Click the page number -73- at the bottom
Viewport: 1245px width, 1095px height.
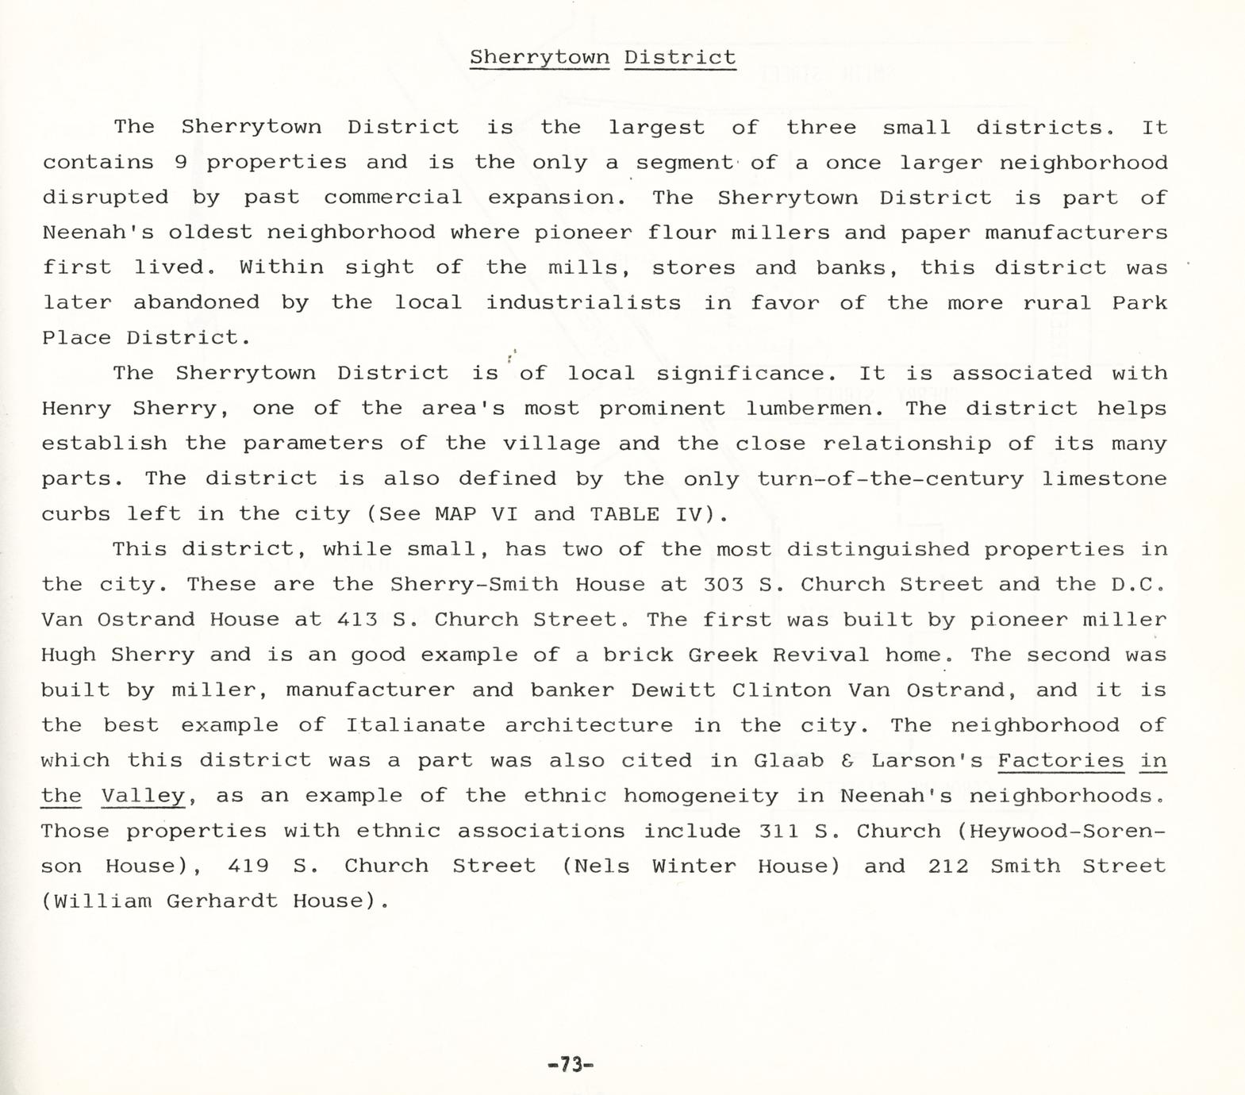(571, 1064)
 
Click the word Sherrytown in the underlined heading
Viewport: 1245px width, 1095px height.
(540, 57)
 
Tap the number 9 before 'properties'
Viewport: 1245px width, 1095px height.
(180, 163)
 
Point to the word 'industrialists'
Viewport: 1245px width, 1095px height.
(583, 302)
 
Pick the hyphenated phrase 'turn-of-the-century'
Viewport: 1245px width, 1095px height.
(890, 478)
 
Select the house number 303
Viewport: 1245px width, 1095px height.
(724, 585)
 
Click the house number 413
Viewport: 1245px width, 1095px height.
(357, 620)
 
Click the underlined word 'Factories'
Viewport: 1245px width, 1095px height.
(1060, 760)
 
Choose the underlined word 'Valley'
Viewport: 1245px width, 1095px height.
(143, 796)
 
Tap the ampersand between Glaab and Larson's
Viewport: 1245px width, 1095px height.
(847, 761)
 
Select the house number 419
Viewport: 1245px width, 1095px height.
(248, 866)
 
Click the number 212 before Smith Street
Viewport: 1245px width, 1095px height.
(948, 866)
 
